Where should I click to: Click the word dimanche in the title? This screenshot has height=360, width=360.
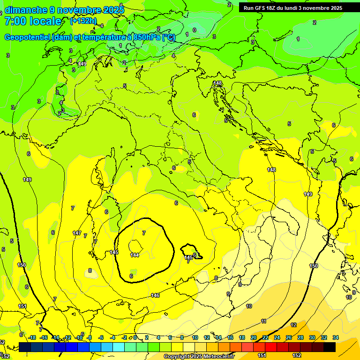(x=26, y=10)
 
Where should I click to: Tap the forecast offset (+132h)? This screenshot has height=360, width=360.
(x=83, y=21)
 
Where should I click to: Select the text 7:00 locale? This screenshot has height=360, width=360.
(x=33, y=21)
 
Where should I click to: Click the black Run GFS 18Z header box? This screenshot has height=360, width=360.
(x=293, y=8)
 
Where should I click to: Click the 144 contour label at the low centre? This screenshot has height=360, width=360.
(x=135, y=255)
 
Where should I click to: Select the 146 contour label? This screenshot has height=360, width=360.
(x=155, y=295)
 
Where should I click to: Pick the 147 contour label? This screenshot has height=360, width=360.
(x=77, y=233)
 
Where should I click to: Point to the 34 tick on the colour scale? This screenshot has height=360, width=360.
(x=336, y=337)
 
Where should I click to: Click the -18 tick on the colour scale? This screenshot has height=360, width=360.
(x=32, y=337)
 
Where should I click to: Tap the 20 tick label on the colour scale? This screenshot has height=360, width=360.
(x=254, y=337)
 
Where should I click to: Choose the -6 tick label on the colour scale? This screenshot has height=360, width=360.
(x=100, y=337)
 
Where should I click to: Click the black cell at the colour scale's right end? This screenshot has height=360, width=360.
(x=330, y=347)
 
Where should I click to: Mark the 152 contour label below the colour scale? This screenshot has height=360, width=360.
(x=297, y=355)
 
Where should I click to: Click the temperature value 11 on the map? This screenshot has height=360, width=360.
(x=264, y=321)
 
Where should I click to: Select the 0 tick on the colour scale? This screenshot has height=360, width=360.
(x=135, y=337)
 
